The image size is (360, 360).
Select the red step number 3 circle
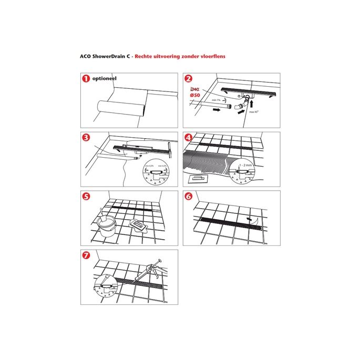85,138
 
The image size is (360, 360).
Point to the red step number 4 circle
189,138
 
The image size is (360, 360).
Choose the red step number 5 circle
85,197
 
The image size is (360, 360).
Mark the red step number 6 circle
189,197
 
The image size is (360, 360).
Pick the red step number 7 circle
85,255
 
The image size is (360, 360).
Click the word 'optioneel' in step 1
104,79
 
